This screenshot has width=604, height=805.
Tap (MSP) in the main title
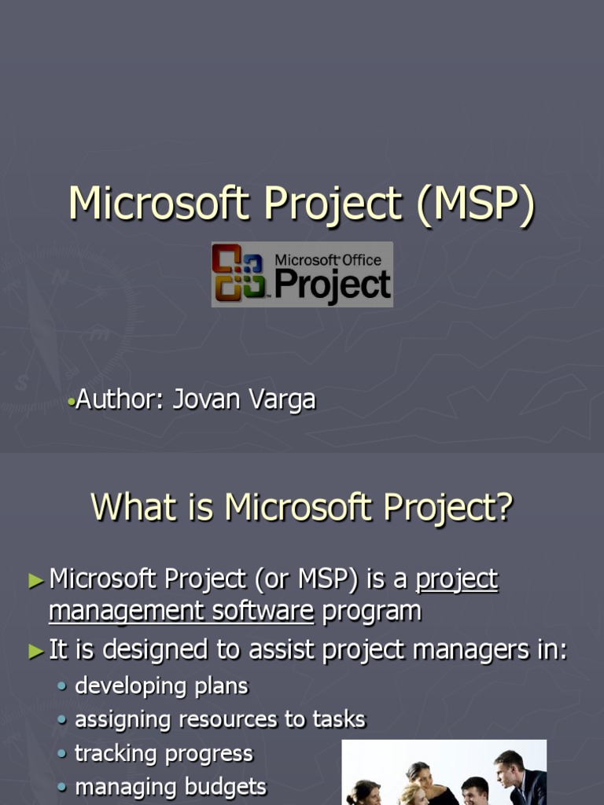point(476,204)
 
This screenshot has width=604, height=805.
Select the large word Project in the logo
point(333,285)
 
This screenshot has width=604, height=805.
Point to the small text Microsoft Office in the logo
point(327,259)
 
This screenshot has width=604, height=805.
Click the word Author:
point(120,399)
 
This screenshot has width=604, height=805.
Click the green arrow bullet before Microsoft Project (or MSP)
point(36,581)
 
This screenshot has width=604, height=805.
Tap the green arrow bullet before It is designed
point(36,651)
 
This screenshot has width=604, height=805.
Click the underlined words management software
point(181,611)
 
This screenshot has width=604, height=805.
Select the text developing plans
point(161,686)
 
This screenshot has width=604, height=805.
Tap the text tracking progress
point(164,753)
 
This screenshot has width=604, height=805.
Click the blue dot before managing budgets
point(63,787)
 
